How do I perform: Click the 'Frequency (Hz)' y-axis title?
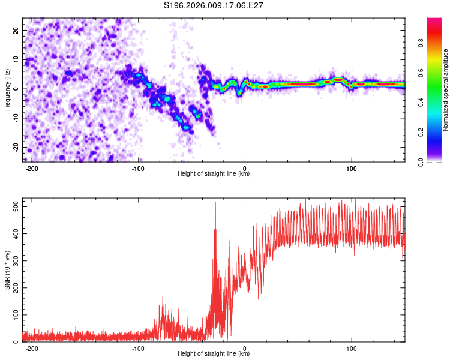tap(8, 89)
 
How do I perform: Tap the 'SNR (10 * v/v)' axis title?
tap(8, 270)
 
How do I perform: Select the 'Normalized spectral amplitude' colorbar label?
tap(446, 90)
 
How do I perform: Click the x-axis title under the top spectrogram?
tap(214, 173)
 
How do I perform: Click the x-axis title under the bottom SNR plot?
tap(214, 353)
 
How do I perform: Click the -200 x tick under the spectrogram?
tap(32, 167)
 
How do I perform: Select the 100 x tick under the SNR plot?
tap(351, 347)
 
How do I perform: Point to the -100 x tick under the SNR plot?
tap(138, 347)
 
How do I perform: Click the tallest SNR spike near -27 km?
tap(215, 203)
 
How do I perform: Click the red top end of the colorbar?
tap(434, 21)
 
